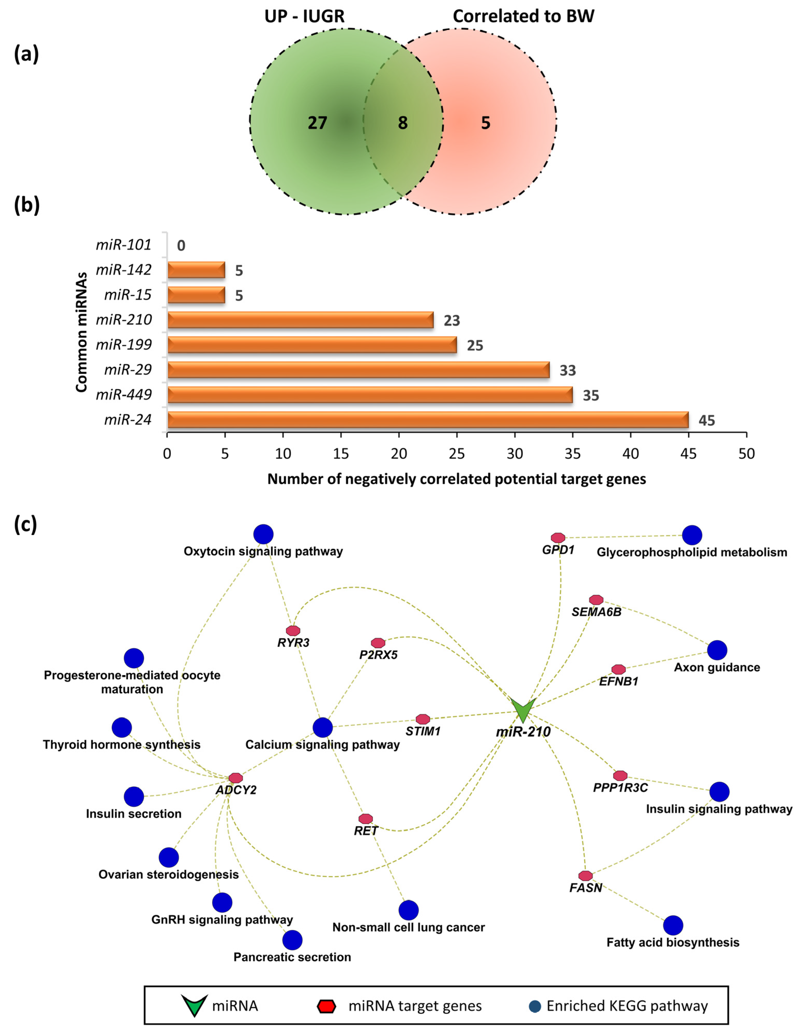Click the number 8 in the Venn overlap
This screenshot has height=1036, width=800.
click(402, 123)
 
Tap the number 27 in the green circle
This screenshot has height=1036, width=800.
click(317, 123)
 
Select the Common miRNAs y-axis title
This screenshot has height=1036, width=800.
click(82, 332)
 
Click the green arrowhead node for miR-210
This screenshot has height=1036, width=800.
click(523, 710)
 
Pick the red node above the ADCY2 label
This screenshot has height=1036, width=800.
click(235, 778)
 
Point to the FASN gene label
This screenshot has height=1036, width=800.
click(585, 888)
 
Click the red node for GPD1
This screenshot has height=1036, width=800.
click(558, 537)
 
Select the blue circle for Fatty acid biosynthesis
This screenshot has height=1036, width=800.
click(672, 925)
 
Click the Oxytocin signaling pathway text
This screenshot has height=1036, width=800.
click(263, 551)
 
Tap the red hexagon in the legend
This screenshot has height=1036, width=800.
click(326, 1006)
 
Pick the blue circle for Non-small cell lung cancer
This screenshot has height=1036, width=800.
click(408, 910)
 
